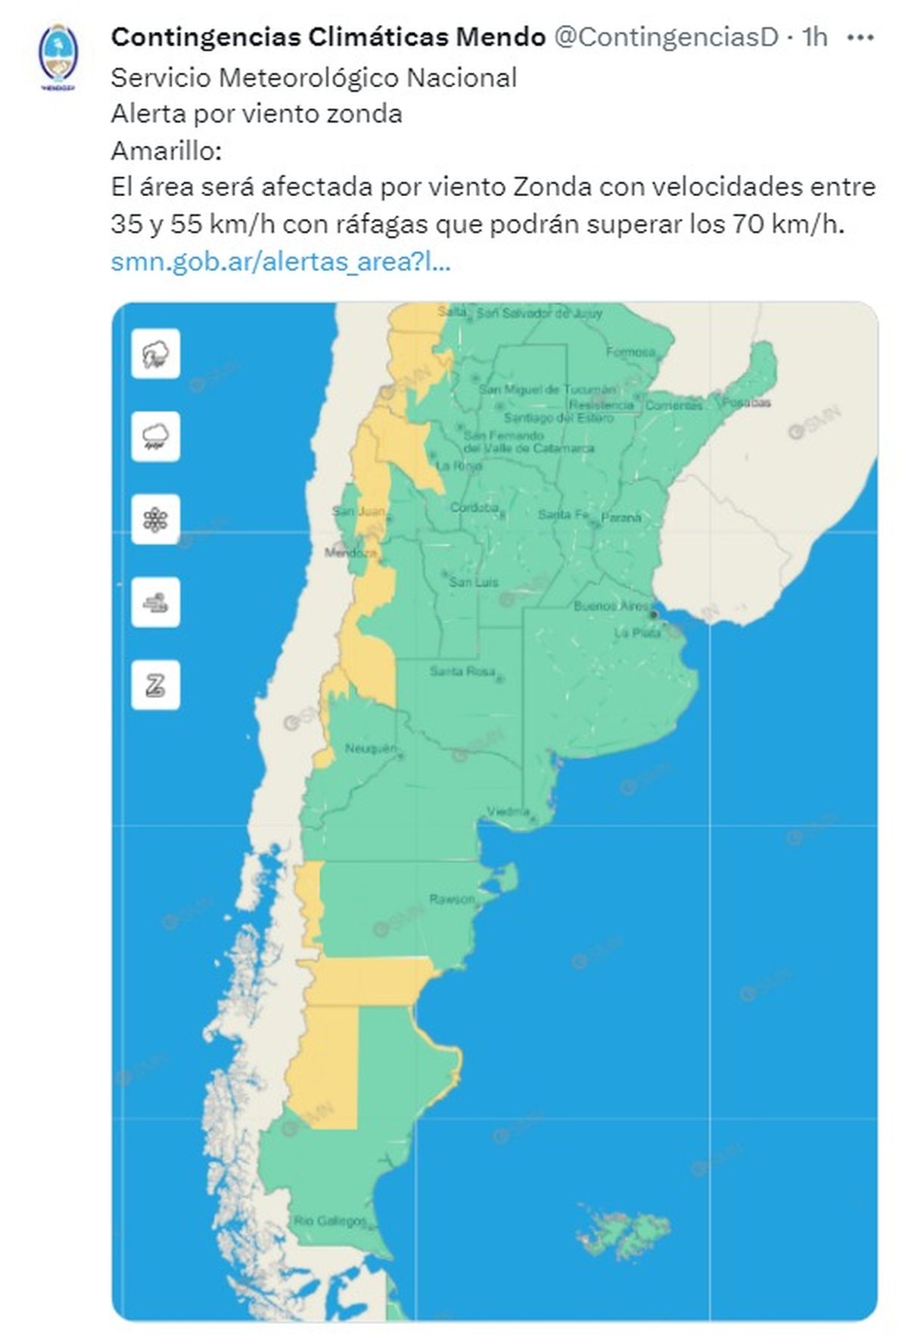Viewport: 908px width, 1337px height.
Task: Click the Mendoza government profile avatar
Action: [58, 56]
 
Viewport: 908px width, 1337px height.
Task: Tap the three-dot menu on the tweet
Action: [861, 36]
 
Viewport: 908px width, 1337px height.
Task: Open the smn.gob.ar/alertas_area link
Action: [281, 263]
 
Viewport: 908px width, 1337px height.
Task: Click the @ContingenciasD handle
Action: [667, 36]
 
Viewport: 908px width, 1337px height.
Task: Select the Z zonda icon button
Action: [156, 685]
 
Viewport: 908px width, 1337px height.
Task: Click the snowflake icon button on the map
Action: [156, 519]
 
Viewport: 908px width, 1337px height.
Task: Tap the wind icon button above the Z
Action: [156, 603]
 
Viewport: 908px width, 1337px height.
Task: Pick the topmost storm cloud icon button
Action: [156, 354]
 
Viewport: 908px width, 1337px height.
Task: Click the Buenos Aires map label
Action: [611, 606]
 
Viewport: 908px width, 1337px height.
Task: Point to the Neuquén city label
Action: [371, 749]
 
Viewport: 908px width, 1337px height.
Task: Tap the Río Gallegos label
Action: [331, 1220]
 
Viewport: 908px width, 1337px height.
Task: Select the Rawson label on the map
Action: [452, 899]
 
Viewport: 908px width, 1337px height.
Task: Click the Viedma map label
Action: [508, 811]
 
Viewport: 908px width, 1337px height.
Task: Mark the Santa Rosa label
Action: [462, 672]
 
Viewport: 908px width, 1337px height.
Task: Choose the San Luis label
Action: [474, 581]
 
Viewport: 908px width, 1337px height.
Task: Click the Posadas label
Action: [746, 402]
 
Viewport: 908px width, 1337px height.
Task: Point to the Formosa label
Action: [630, 352]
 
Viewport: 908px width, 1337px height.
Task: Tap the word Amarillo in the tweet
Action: [166, 151]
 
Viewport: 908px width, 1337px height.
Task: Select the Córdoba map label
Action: [474, 507]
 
